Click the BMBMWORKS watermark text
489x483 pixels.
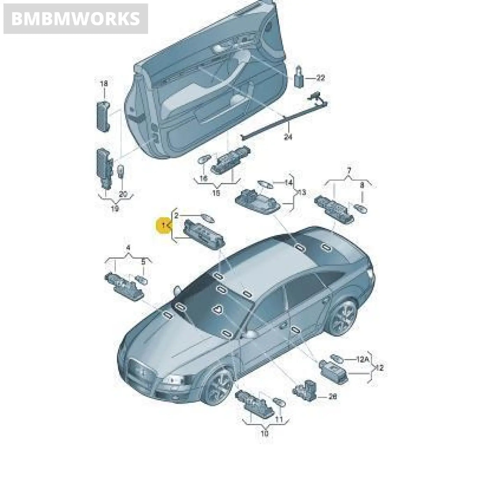(x=75, y=19)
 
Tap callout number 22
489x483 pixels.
(x=320, y=78)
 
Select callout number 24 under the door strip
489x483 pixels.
(x=287, y=137)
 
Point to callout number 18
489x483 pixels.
(x=104, y=83)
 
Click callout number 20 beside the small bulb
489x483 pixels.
(x=123, y=194)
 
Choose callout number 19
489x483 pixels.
(x=115, y=208)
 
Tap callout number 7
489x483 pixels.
(x=349, y=171)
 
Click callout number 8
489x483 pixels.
(x=362, y=185)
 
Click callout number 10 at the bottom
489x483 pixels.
(x=264, y=433)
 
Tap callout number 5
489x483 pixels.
(x=143, y=261)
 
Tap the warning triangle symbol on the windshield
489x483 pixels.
(x=218, y=309)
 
